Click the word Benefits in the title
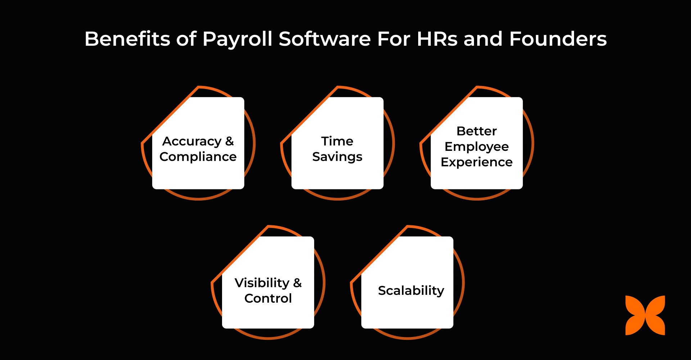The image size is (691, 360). (x=127, y=39)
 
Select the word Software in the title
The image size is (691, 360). (x=325, y=39)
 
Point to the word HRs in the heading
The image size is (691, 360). (x=437, y=39)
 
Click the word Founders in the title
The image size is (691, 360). (x=558, y=39)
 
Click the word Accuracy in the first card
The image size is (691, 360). (x=192, y=141)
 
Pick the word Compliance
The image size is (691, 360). (x=198, y=157)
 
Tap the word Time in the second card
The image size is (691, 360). (x=337, y=141)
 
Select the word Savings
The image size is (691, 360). (x=337, y=157)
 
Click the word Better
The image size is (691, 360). (x=477, y=131)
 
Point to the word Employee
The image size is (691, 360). (x=477, y=147)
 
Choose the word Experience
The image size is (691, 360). (x=477, y=162)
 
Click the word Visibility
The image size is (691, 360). (x=262, y=283)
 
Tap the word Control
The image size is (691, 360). (x=268, y=298)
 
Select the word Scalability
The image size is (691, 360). (x=411, y=291)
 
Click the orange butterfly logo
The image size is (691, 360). (x=645, y=315)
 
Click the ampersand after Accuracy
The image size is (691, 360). (x=230, y=141)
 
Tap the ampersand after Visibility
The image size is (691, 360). (x=297, y=283)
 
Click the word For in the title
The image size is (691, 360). (x=394, y=39)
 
